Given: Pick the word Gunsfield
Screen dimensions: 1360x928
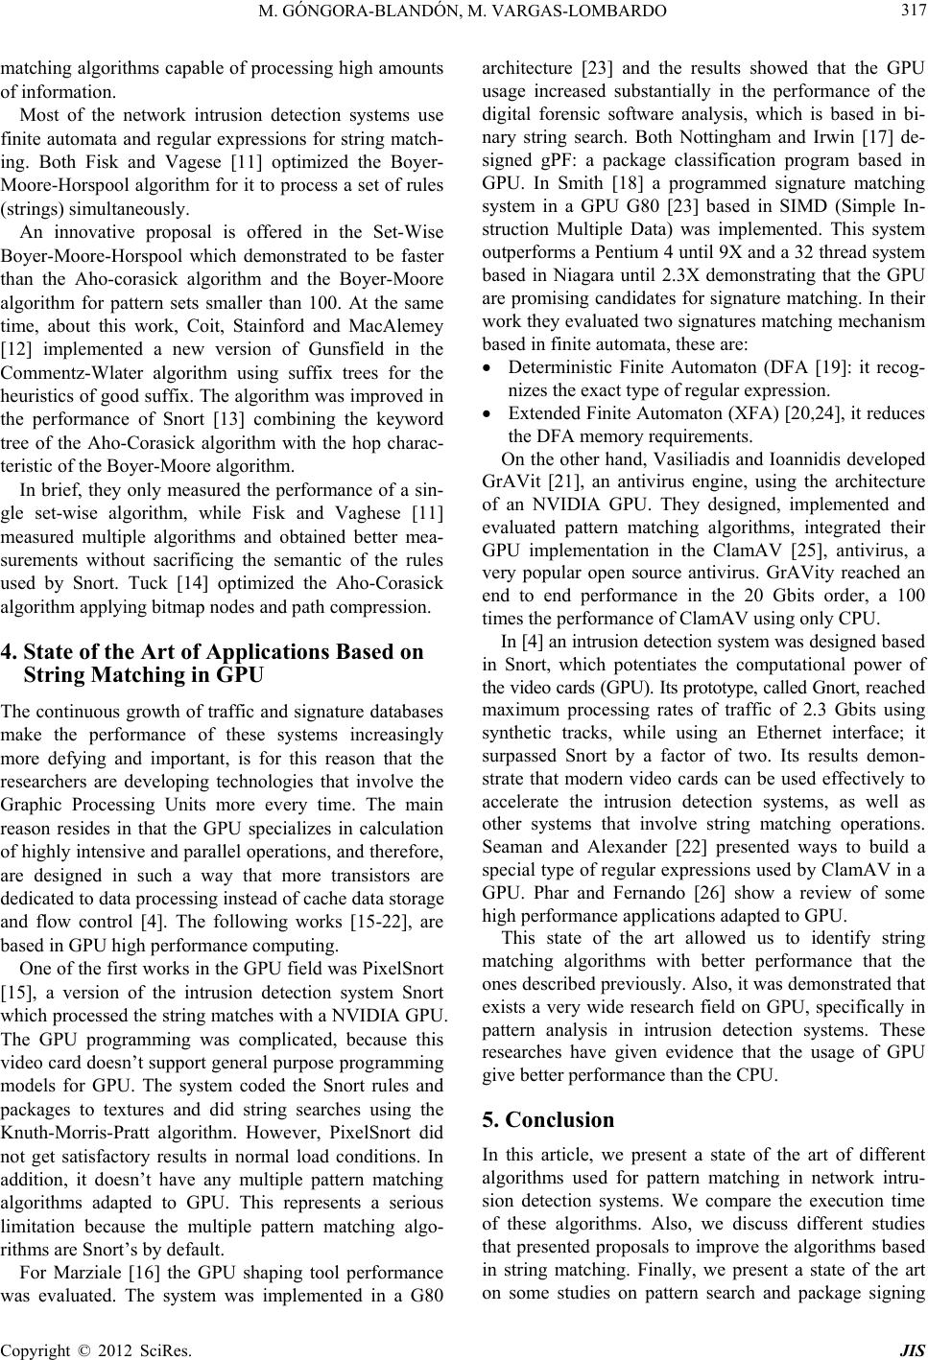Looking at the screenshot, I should [x=316, y=377].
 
